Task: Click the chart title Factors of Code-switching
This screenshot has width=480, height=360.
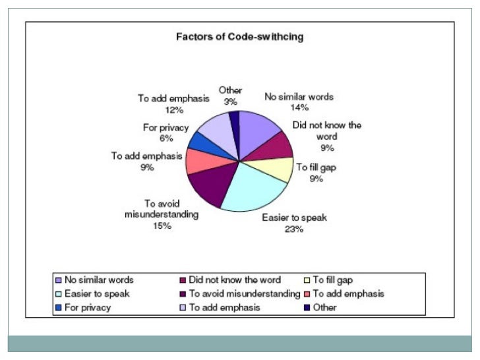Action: coord(239,37)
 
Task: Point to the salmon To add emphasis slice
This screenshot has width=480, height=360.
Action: coord(198,161)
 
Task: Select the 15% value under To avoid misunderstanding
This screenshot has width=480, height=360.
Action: coord(162,225)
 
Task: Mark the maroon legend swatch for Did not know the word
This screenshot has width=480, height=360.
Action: coord(183,280)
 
